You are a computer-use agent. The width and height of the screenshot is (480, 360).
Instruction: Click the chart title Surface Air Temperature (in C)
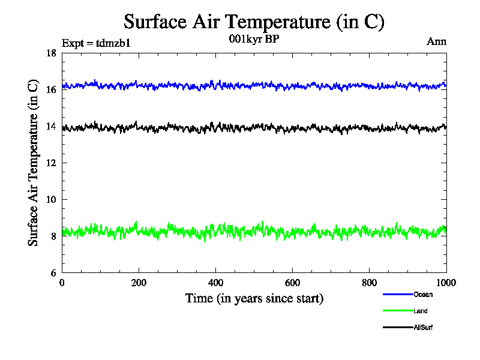pos(253,22)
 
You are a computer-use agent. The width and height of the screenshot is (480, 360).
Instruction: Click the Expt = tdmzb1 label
pos(96,43)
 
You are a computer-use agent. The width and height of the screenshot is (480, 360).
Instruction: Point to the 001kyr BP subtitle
pos(254,39)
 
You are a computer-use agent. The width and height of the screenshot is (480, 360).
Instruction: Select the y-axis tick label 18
pos(51,53)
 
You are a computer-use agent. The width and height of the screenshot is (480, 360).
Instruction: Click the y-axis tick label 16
pos(51,89)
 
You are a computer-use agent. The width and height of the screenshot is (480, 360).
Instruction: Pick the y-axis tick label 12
pos(51,163)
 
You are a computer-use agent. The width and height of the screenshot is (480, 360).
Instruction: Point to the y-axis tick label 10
pos(51,199)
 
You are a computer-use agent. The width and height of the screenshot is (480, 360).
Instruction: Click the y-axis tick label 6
pos(53,272)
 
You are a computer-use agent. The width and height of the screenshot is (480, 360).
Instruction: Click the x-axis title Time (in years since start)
pos(254,298)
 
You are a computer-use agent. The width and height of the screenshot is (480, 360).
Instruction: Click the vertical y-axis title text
pos(33,163)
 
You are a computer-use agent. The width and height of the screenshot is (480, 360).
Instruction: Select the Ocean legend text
pos(422,295)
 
